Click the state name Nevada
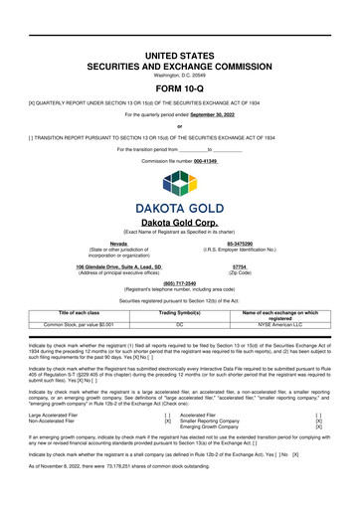click(x=118, y=242)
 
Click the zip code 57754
click(x=240, y=267)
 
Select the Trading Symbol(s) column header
click(x=181, y=312)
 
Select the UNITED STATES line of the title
click(x=180, y=25)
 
